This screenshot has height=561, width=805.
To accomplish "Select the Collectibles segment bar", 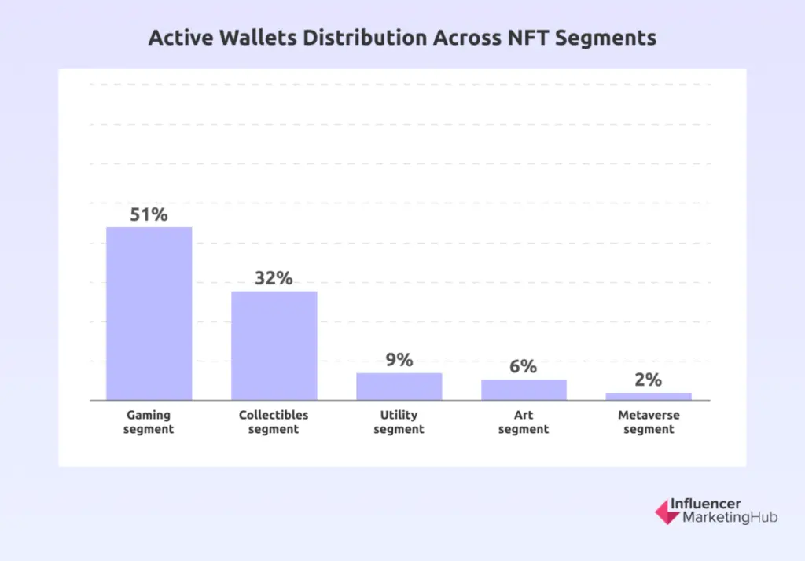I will pyautogui.click(x=274, y=345).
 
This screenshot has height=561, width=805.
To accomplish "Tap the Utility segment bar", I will pyautogui.click(x=399, y=386).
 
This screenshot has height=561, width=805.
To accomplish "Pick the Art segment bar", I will pyautogui.click(x=524, y=389).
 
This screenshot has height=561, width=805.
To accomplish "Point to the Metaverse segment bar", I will pyautogui.click(x=649, y=396).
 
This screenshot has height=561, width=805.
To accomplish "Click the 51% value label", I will pyautogui.click(x=149, y=214).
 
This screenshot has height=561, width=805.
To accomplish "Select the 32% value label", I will pyautogui.click(x=274, y=278).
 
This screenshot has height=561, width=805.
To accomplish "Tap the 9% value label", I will pyautogui.click(x=399, y=360).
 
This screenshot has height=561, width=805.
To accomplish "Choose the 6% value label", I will pyautogui.click(x=524, y=366).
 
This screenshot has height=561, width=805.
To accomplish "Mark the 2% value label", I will pyautogui.click(x=649, y=379).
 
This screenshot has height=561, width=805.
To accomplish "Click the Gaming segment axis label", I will pyautogui.click(x=149, y=422).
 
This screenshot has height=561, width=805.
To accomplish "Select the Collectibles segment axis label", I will pyautogui.click(x=274, y=422).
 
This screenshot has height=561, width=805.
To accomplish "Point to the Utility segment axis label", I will pyautogui.click(x=399, y=422).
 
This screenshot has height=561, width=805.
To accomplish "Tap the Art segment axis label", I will pyautogui.click(x=524, y=422).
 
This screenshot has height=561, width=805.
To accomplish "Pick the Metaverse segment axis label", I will pyautogui.click(x=649, y=422).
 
